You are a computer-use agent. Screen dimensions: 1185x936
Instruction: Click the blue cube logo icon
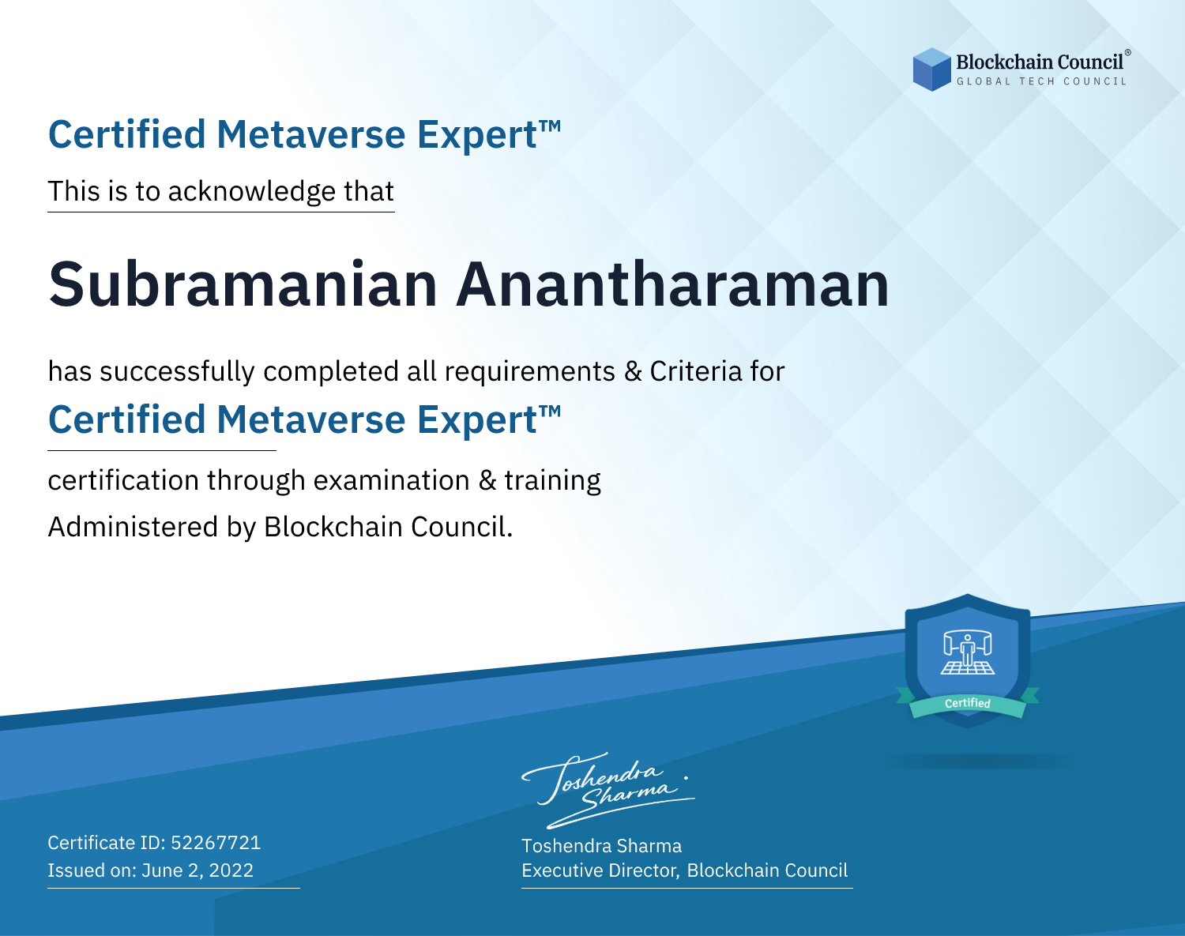tap(931, 70)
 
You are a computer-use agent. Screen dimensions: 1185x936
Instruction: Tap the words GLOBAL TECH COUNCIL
tap(1042, 81)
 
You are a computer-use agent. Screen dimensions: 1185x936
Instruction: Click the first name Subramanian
tap(243, 284)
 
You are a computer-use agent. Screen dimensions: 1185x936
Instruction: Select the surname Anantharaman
tap(672, 284)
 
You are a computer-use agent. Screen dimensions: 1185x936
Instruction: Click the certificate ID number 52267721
tap(216, 842)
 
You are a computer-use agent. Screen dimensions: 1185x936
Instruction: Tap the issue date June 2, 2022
tap(197, 870)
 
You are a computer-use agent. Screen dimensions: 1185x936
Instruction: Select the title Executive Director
tap(599, 870)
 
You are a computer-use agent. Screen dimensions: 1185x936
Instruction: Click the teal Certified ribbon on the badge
tap(968, 704)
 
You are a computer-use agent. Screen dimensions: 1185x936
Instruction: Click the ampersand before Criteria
tap(633, 371)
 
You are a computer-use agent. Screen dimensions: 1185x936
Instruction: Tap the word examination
tap(392, 480)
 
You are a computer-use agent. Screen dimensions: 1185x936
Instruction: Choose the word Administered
tap(133, 527)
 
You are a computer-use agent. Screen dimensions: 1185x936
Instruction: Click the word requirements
tap(530, 372)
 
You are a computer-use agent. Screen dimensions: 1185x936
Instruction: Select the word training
tap(552, 481)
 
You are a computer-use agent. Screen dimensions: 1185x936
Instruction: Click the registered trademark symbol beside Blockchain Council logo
tap(1127, 53)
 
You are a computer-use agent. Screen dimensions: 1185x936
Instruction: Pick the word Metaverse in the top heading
tap(311, 134)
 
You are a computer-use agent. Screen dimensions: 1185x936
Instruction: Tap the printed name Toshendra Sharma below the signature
tap(601, 846)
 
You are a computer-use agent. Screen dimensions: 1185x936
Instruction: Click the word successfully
tap(177, 372)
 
